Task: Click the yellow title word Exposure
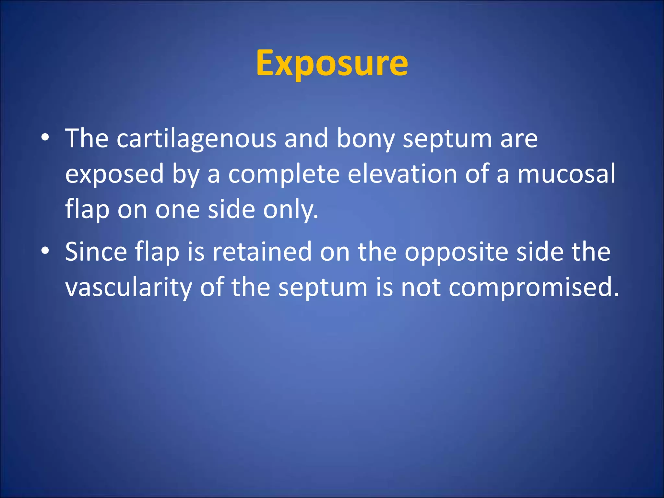pyautogui.click(x=332, y=63)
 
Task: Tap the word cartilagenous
pyautogui.click(x=196, y=138)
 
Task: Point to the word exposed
pyautogui.click(x=114, y=174)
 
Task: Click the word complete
pyautogui.click(x=284, y=174)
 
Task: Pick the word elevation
pyautogui.click(x=402, y=174)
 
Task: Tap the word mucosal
pyautogui.click(x=566, y=174)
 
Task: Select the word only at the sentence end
pyautogui.click(x=290, y=210)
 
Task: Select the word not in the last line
pyautogui.click(x=421, y=287)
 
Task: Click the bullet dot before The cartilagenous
pyautogui.click(x=45, y=137)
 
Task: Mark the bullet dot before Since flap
pyautogui.click(x=45, y=251)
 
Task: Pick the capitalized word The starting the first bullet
pyautogui.click(x=87, y=138)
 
